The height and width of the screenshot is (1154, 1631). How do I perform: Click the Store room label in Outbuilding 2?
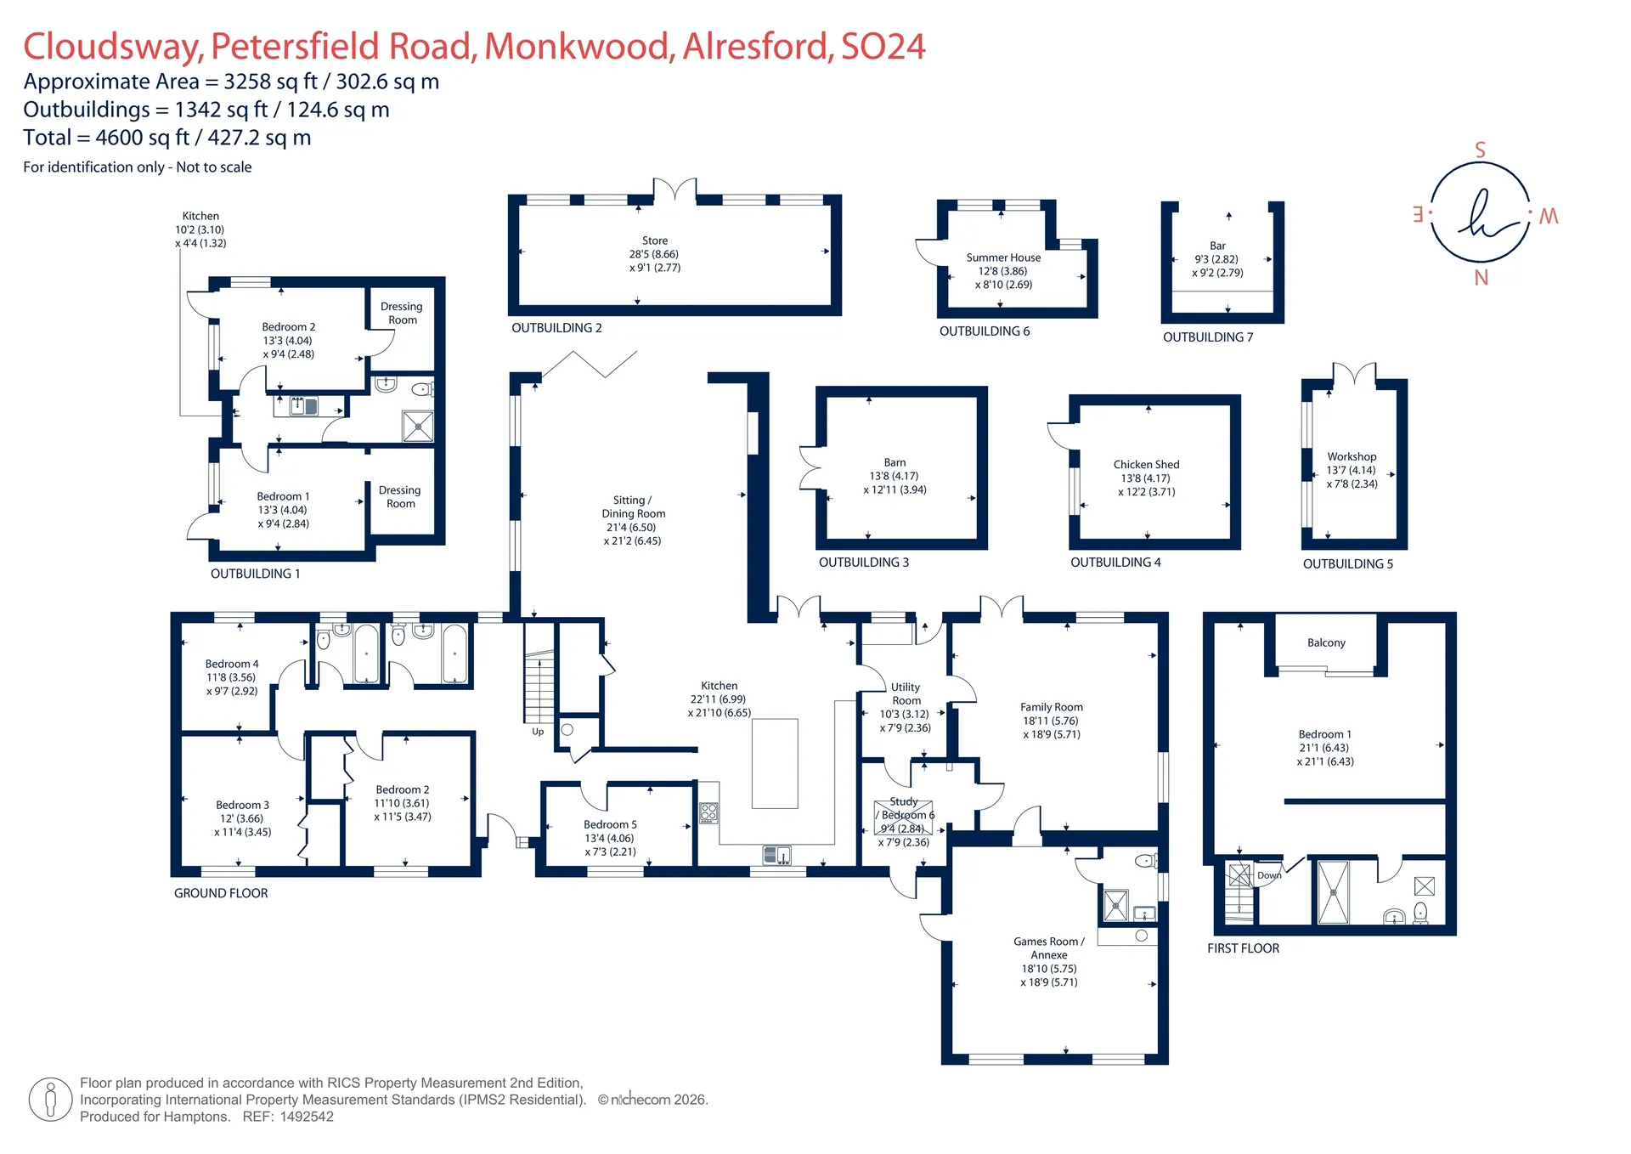point(655,240)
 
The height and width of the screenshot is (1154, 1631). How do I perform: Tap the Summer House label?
point(1003,257)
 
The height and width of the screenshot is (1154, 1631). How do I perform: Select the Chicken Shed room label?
point(1146,465)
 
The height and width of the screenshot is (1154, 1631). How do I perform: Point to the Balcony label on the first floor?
point(1326,643)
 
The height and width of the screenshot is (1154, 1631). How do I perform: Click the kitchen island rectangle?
point(775,763)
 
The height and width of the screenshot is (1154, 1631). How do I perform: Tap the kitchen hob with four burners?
point(708,813)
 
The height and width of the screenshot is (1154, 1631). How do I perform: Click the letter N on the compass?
point(1481,278)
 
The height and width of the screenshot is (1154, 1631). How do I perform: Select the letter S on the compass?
point(1481,150)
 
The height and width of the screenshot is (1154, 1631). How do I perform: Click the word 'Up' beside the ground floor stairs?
point(538,732)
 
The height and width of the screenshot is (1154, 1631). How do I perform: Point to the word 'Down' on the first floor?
point(1269,875)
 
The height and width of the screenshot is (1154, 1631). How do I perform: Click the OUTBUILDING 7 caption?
point(1208,337)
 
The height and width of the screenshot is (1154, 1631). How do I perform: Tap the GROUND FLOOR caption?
point(221,893)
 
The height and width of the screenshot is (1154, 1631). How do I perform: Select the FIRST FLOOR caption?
point(1243,948)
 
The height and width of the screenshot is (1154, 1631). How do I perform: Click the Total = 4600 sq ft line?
point(167,138)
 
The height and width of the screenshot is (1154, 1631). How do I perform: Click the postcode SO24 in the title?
point(883,47)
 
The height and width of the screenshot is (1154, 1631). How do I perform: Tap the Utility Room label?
point(906,693)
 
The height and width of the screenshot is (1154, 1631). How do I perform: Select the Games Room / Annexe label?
point(1049,948)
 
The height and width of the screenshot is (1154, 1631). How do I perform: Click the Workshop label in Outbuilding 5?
point(1352,457)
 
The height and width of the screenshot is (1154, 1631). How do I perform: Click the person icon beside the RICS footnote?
point(50,1100)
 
